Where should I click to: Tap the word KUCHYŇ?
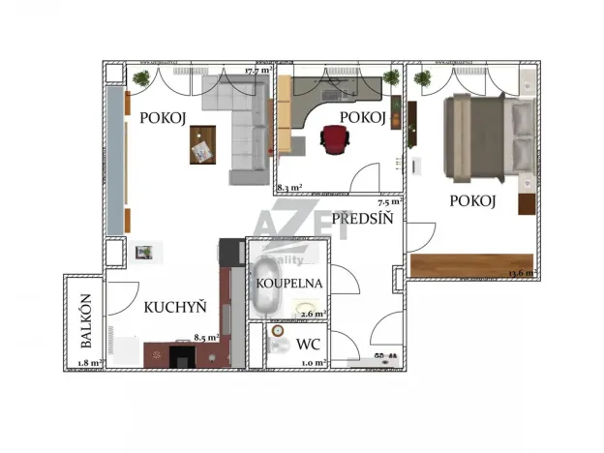175,308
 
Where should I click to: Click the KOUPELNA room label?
289,285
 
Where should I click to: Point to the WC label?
309,345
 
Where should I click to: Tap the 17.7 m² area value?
257,71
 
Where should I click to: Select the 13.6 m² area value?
524,273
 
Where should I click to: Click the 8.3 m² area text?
289,188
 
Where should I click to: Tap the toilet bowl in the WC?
278,345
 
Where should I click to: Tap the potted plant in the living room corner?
142,77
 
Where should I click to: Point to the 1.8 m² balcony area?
89,363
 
